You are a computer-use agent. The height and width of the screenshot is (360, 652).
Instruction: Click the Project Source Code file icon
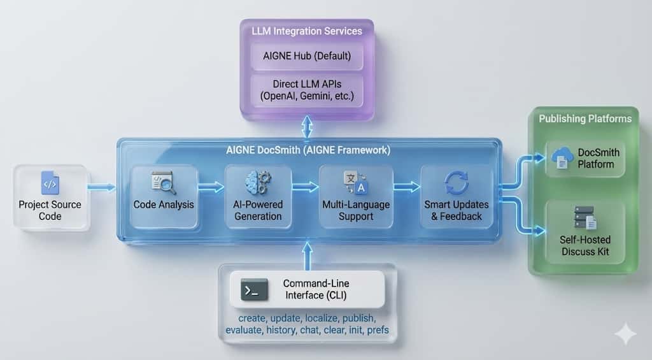pyautogui.click(x=50, y=183)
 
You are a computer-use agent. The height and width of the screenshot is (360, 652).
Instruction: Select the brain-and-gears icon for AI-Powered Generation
pyautogui.click(x=258, y=183)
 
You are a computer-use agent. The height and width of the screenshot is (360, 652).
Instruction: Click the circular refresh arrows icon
pyautogui.click(x=456, y=183)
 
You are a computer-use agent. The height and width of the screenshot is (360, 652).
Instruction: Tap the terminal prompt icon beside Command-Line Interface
pyautogui.click(x=254, y=290)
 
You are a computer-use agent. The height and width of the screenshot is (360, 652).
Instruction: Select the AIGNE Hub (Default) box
pyautogui.click(x=307, y=55)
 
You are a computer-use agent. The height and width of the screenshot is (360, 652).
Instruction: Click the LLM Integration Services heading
pyautogui.click(x=307, y=31)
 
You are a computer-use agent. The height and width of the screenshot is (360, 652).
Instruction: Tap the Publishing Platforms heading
pyautogui.click(x=585, y=119)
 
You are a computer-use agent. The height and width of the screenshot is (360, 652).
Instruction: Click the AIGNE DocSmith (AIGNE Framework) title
pyautogui.click(x=308, y=151)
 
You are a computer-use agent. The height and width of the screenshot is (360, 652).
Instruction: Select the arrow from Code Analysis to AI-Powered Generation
pyautogui.click(x=211, y=187)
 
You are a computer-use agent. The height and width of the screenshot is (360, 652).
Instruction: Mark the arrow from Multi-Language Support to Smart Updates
pyautogui.click(x=406, y=187)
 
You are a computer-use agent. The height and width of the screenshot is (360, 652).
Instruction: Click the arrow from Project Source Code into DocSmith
pyautogui.click(x=102, y=187)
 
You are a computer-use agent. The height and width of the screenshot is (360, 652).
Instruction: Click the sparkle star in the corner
pyautogui.click(x=625, y=334)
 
